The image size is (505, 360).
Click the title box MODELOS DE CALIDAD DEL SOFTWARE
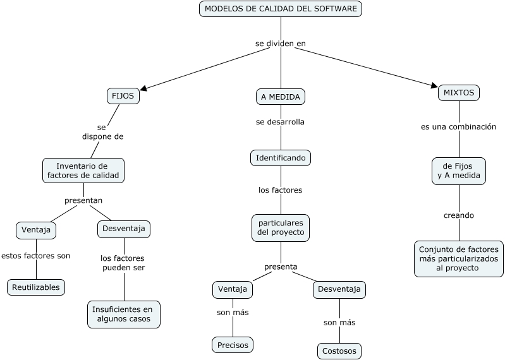click(x=281, y=9)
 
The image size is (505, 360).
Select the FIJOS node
click(x=123, y=97)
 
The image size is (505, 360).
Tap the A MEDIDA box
click(x=281, y=97)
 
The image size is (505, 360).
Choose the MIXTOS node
click(x=459, y=92)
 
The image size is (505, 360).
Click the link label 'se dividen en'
click(x=281, y=44)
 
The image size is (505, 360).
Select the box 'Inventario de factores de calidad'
click(x=83, y=171)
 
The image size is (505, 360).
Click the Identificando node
click(x=281, y=157)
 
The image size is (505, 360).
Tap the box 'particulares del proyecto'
click(x=281, y=228)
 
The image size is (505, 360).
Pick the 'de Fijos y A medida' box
click(x=459, y=171)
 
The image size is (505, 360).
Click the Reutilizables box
click(x=36, y=287)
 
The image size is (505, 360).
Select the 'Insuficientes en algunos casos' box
click(x=123, y=314)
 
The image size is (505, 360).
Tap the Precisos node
click(x=233, y=345)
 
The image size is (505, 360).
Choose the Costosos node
click(x=339, y=351)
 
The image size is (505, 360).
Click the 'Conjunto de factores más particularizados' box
click(x=459, y=258)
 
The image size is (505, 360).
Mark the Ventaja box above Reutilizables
click(x=36, y=230)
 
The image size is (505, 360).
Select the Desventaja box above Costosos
click(x=339, y=289)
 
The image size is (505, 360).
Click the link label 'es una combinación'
click(x=459, y=127)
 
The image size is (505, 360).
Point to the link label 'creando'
click(x=459, y=215)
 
